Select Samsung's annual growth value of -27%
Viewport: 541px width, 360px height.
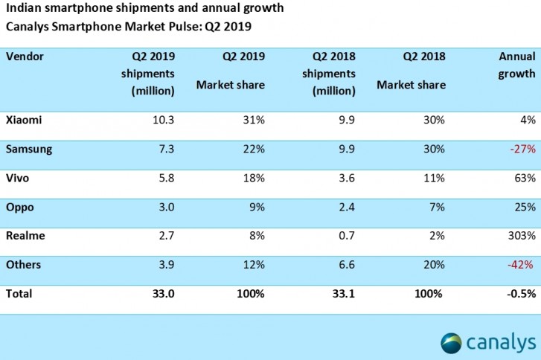coord(523,149)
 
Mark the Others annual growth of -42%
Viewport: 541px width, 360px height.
coord(523,266)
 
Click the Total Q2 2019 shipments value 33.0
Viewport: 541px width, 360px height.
coord(163,294)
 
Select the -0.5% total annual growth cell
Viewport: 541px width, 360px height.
coord(520,294)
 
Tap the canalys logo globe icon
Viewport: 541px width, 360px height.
coord(452,343)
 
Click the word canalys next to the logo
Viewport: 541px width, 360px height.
coord(502,342)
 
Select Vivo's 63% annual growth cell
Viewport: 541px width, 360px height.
coord(525,179)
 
